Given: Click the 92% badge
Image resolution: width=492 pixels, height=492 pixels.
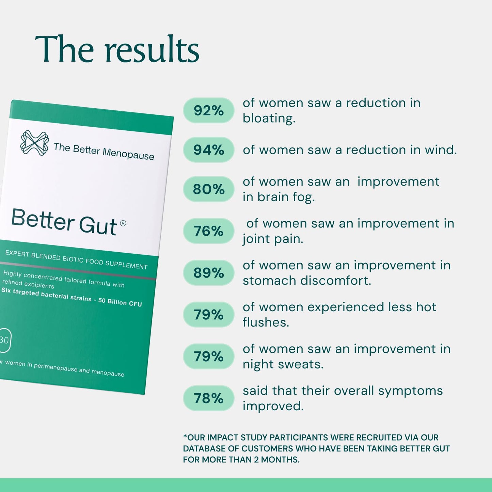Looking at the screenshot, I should pyautogui.click(x=208, y=110).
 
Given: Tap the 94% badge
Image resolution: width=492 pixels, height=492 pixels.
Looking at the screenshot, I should pyautogui.click(x=208, y=150).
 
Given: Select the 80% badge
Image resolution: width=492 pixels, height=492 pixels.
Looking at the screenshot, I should pyautogui.click(x=208, y=189).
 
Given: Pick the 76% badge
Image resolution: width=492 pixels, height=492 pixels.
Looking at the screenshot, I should pyautogui.click(x=208, y=231).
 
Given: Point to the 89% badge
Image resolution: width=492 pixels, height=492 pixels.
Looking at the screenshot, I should pyautogui.click(x=208, y=273).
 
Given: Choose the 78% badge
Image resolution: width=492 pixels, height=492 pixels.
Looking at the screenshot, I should pyautogui.click(x=208, y=398).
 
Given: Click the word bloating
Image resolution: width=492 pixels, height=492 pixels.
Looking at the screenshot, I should pyautogui.click(x=268, y=118).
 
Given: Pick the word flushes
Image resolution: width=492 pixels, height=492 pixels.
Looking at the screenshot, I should pyautogui.click(x=265, y=322).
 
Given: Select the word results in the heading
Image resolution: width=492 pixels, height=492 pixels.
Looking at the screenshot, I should pyautogui.click(x=152, y=50).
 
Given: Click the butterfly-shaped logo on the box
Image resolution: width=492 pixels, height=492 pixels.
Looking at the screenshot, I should pyautogui.click(x=34, y=143).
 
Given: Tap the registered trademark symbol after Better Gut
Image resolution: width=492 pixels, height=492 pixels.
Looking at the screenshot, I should pyautogui.click(x=123, y=223).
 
